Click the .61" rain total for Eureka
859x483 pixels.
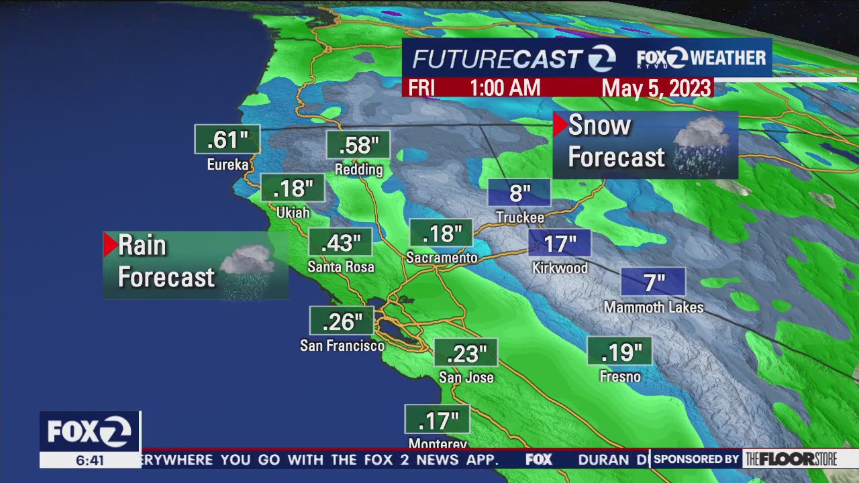pos(227,140)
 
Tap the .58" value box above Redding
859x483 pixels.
pos(358,145)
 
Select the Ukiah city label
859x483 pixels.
pos(293,213)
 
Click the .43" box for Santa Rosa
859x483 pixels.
pos(340,243)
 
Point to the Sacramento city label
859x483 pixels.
pos(442,258)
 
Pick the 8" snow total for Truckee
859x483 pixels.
pos(519,193)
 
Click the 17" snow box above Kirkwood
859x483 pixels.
pos(560,244)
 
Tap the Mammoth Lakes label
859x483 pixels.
pos(654,307)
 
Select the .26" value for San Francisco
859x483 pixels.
pos(342,321)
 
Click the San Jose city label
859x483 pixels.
pos(466,378)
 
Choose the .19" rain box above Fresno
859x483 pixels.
pos(620,352)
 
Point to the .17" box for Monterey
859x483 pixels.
pos(438,421)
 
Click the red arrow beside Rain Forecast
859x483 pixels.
pos(110,245)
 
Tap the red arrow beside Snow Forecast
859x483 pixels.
pos(560,125)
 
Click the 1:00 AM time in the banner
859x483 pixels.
pos(505,88)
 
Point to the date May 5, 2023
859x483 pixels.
pos(656,88)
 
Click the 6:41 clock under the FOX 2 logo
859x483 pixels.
pos(90,460)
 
